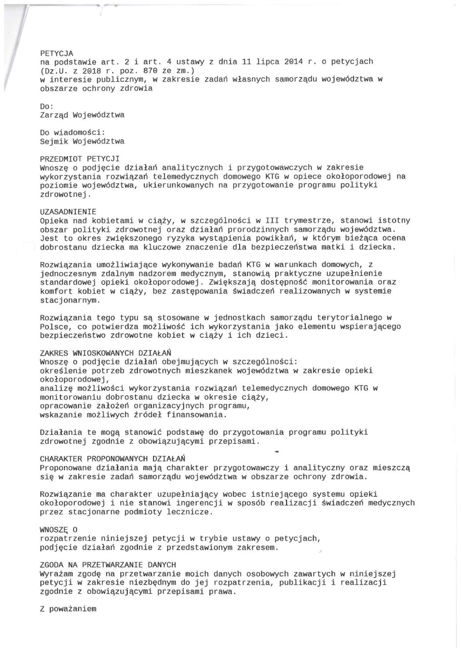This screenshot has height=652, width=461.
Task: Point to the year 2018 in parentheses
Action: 89,70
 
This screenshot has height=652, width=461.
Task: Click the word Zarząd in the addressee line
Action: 54,115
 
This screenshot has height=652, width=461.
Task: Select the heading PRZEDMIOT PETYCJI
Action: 80,159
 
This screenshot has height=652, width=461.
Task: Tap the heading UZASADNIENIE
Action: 68,212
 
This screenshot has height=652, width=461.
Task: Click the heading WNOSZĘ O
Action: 59,529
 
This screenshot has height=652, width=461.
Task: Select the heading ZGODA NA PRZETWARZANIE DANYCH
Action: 108,565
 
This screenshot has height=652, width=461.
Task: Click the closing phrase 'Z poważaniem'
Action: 68,609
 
